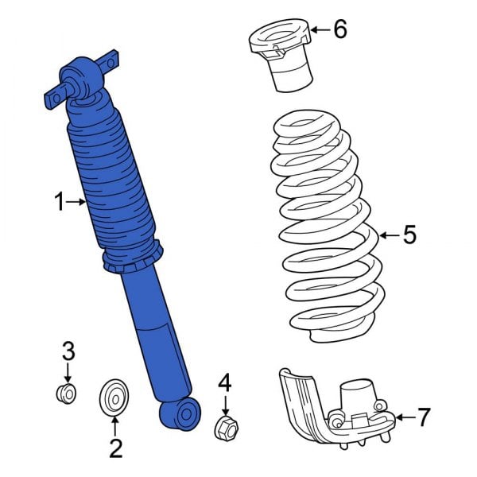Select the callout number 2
[x=115, y=449]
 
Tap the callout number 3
[x=68, y=351]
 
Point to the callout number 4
[x=225, y=384]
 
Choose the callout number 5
[x=409, y=235]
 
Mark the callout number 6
[x=339, y=30]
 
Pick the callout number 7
[x=424, y=416]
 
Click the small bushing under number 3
[x=68, y=392]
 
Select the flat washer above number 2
[x=115, y=397]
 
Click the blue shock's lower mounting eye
[x=179, y=413]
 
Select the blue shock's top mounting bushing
[x=83, y=78]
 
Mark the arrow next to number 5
[x=387, y=235]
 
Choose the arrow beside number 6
[x=318, y=30]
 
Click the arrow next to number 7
[x=403, y=416]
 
